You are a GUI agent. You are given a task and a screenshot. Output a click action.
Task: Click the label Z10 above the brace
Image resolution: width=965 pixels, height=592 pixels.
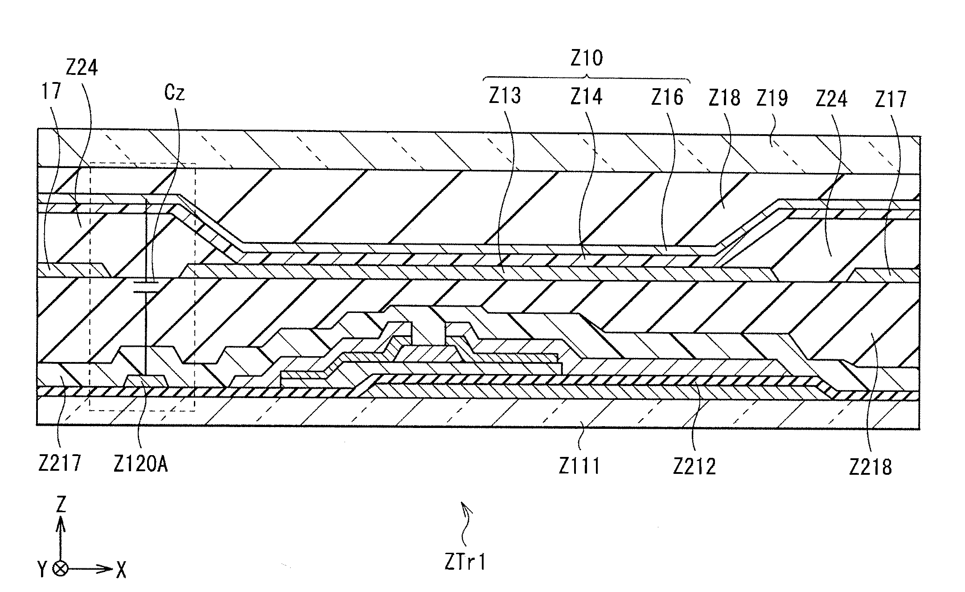(587, 58)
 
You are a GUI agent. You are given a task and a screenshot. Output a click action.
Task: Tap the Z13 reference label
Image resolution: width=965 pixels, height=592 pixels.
(505, 96)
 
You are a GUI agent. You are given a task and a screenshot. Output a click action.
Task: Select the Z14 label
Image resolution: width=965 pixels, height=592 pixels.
(586, 97)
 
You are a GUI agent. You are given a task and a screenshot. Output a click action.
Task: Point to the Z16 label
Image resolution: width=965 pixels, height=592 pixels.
(667, 97)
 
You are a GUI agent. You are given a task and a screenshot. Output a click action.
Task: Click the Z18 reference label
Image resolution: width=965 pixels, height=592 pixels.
(724, 98)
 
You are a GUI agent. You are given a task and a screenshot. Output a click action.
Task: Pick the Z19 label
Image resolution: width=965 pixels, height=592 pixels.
(772, 98)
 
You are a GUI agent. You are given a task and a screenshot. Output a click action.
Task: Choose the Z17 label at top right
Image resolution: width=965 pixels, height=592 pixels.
(890, 99)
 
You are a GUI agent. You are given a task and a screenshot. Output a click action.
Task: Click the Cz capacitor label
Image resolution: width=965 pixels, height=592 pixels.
(174, 93)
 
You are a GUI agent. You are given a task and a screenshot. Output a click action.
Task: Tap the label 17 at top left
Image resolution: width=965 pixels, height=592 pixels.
(50, 92)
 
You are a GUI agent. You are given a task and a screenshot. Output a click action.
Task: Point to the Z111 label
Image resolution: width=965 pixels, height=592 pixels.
(579, 466)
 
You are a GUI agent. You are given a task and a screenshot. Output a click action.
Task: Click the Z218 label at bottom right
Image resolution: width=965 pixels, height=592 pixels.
(870, 467)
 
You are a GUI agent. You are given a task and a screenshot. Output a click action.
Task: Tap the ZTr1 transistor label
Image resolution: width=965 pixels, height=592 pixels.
(465, 563)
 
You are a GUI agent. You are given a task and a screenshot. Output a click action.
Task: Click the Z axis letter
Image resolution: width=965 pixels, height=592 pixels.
(61, 505)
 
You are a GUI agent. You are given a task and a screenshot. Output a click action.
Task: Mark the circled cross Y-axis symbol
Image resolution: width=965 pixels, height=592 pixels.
(61, 569)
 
